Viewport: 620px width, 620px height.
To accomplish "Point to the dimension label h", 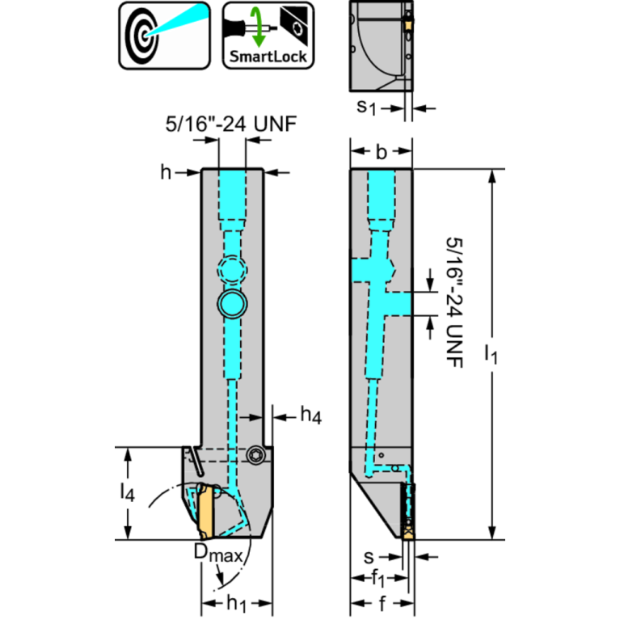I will point(167,171).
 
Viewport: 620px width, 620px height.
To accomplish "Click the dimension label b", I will point(382,150).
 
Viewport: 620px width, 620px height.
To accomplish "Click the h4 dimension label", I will point(311,415).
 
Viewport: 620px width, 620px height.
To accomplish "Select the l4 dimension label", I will point(127,491).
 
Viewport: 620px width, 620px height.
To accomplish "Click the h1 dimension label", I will point(238,604).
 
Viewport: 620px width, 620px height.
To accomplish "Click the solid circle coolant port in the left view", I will point(232,304).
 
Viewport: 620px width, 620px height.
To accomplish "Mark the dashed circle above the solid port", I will point(232,269).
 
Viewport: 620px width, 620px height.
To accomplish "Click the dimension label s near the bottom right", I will point(368,557).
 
